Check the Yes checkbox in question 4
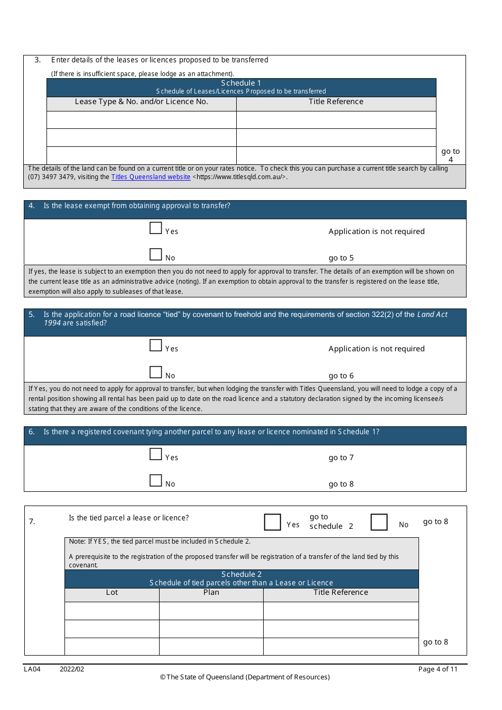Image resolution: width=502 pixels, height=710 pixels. coord(155,228)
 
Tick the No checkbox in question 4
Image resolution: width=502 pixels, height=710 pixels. coord(155,255)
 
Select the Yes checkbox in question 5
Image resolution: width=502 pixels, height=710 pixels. coord(155,345)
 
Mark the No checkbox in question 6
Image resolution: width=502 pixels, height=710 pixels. coord(155,481)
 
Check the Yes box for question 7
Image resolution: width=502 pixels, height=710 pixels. coord(273,522)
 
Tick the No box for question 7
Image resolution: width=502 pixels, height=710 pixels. coord(379,522)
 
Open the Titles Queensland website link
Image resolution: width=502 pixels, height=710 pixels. coord(151,177)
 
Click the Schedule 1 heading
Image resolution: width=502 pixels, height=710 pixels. coord(241,83)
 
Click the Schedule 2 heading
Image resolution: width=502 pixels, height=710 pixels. coord(241,574)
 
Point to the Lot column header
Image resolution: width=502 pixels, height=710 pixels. coord(112,593)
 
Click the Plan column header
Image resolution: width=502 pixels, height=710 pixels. coord(211,593)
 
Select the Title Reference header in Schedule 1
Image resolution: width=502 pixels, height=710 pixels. coord(336,102)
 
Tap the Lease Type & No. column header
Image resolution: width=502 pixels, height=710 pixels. coord(141,102)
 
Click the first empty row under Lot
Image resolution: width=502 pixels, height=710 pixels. coord(112,611)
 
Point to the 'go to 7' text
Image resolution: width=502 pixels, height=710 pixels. coord(341,458)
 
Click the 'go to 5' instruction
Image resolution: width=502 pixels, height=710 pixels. coord(341,258)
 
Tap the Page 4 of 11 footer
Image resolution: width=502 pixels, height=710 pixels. coord(438,669)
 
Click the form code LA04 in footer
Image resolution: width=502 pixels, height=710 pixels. coord(32,669)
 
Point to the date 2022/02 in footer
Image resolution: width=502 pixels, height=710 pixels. coord(72,669)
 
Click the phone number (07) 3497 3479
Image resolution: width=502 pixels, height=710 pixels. coord(51,177)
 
